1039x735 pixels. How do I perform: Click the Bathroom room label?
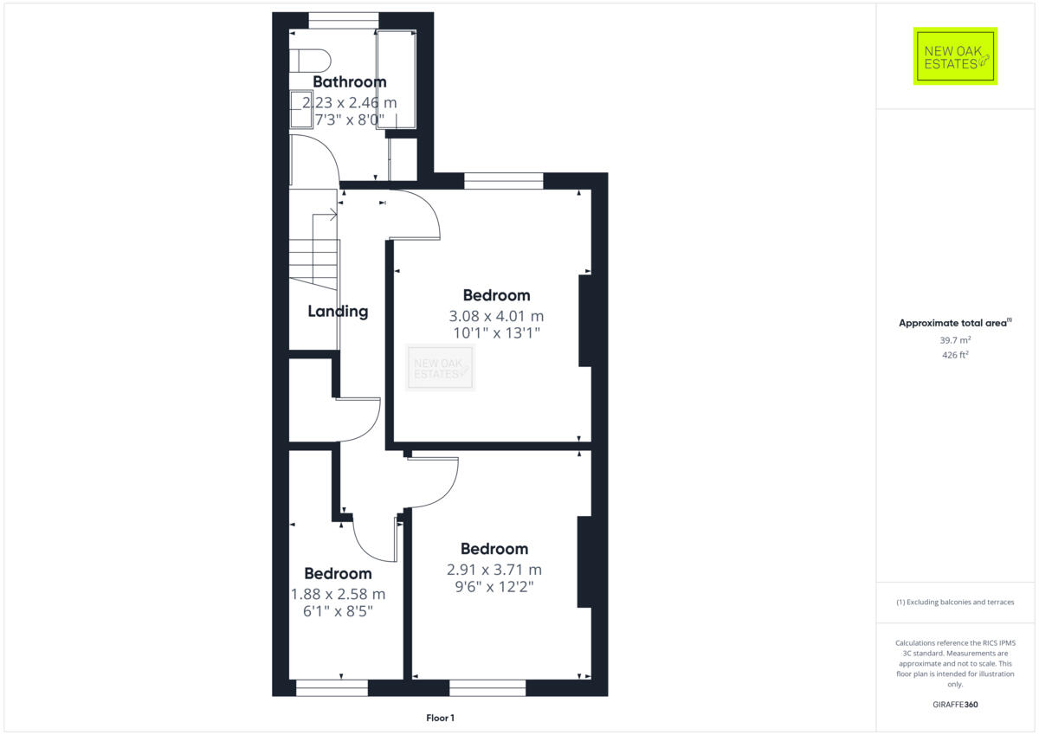pos(349,82)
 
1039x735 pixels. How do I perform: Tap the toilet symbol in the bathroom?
pos(310,61)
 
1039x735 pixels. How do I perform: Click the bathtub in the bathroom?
pos(396,80)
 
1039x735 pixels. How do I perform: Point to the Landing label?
pos(338,312)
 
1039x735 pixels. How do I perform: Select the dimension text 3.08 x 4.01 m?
pos(496,316)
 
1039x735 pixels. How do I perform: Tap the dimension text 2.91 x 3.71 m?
pos(494,570)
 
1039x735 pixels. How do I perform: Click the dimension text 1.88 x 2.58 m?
pos(339,594)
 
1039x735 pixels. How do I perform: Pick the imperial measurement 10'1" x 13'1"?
pos(496,333)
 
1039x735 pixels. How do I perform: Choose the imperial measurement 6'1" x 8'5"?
pos(339,611)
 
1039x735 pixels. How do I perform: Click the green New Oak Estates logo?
pos(955,56)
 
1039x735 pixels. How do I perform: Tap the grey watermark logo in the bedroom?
pos(441,367)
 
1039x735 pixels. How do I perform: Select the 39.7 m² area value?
pos(955,340)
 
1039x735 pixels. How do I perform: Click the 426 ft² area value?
pos(955,355)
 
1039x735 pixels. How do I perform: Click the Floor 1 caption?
pos(440,718)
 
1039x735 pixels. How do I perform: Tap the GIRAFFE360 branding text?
pos(955,705)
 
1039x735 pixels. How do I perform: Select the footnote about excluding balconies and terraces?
pos(955,602)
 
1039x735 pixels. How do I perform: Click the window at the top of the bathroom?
pos(344,16)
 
